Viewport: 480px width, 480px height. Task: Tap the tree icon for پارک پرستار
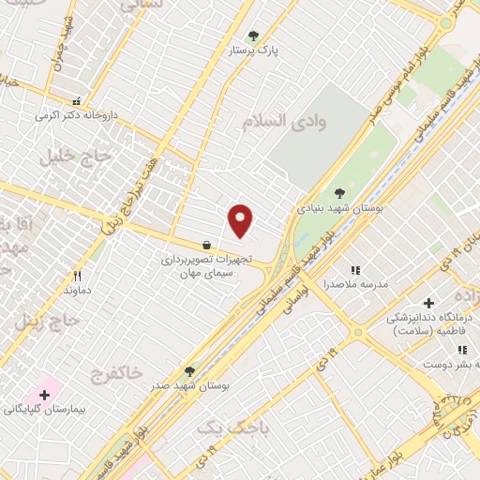[253, 37]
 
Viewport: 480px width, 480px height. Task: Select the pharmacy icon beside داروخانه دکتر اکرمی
[76, 101]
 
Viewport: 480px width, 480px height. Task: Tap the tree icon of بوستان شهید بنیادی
[339, 193]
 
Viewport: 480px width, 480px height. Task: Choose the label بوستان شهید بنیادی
[335, 207]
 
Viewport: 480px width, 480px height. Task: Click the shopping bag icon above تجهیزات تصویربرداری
[206, 246]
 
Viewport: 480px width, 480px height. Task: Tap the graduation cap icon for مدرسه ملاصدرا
[356, 269]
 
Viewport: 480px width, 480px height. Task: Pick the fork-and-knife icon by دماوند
[78, 276]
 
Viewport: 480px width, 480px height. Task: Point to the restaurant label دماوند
[76, 292]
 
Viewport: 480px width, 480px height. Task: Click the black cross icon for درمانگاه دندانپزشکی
[429, 303]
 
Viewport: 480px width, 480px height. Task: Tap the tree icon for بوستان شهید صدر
[189, 371]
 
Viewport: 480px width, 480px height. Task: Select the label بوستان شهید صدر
[193, 385]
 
